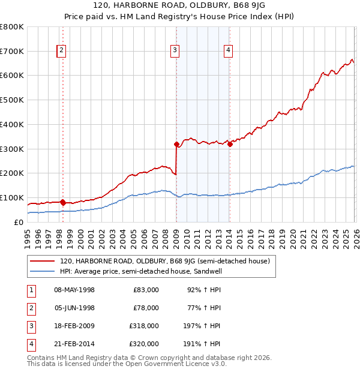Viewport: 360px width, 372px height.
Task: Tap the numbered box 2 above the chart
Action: tap(62, 51)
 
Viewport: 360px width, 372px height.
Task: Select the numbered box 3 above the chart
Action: tap(175, 51)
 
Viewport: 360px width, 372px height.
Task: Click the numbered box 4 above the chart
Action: tap(229, 51)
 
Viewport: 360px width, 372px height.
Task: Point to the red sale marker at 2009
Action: tap(176, 144)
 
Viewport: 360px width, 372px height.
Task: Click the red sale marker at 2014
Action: tap(230, 143)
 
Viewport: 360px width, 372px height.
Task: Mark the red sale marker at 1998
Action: tap(62, 202)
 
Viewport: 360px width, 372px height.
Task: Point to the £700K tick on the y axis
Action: tap(12, 51)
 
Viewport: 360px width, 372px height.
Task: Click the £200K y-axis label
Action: tap(12, 173)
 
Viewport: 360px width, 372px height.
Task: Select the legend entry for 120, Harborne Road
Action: tap(165, 261)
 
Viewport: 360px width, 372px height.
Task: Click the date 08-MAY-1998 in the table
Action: tap(74, 290)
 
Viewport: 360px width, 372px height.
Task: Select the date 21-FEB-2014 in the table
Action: tap(74, 344)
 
